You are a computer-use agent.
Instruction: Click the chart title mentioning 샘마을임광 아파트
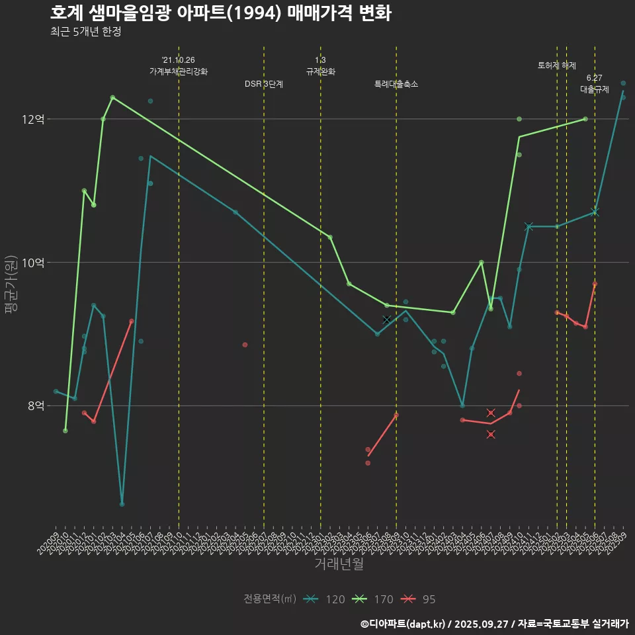point(220,13)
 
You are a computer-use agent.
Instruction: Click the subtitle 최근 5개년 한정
point(85,32)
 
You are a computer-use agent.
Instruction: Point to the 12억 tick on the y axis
point(33,119)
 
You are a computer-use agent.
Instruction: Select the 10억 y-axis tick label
point(33,263)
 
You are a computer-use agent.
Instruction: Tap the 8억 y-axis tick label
point(36,405)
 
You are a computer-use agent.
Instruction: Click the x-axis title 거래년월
point(339,564)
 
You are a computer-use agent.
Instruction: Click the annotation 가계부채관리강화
point(179,71)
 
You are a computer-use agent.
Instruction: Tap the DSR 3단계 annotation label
point(264,84)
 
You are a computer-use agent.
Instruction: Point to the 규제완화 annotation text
point(321,71)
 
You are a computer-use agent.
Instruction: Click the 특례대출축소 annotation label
point(396,84)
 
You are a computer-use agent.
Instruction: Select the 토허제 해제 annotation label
point(557,65)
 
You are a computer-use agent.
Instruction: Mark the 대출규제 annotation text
point(595,89)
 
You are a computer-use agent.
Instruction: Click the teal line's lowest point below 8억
point(122,504)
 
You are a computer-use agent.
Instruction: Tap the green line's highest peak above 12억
point(112,97)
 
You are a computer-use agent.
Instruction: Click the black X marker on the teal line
point(386,319)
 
